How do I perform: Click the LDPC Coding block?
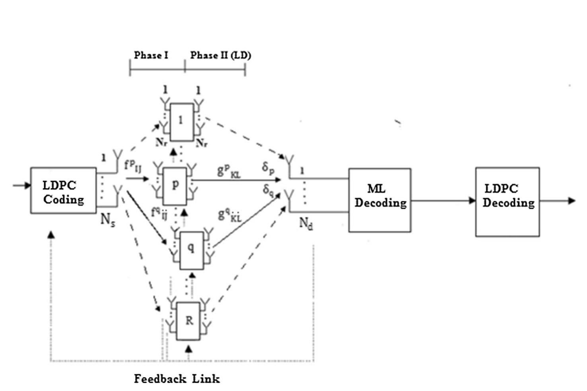[63, 191]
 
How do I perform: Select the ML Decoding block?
[380, 200]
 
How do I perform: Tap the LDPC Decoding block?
[507, 201]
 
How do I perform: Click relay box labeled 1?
[182, 122]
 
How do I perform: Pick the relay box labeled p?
[175, 186]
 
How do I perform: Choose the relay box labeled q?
[191, 250]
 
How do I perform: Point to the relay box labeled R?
[188, 321]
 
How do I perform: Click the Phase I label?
[151, 55]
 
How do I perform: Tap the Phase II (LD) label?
[220, 55]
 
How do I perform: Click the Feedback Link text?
[177, 379]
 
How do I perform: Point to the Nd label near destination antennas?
[306, 224]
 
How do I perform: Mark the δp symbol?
[268, 168]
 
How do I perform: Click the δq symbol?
[268, 190]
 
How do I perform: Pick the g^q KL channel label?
[230, 215]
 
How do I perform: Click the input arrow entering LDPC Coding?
[22, 186]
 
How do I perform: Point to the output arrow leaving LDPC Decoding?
[557, 201]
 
